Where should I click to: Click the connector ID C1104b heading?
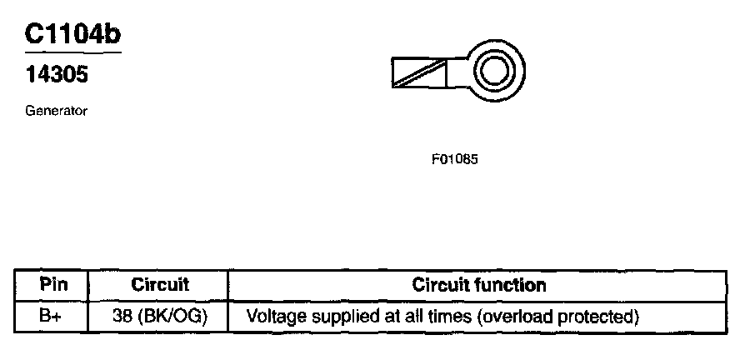coord(72,34)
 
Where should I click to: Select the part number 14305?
coord(56,75)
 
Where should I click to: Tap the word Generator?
coord(57,110)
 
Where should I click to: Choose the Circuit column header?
coord(160,285)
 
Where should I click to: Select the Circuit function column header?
coord(479,285)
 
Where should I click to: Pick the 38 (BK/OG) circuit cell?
coord(160,317)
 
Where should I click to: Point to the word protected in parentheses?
coord(602,317)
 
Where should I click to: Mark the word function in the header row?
coord(514,285)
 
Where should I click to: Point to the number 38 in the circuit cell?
coord(122,317)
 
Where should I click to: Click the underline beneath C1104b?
coord(72,52)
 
